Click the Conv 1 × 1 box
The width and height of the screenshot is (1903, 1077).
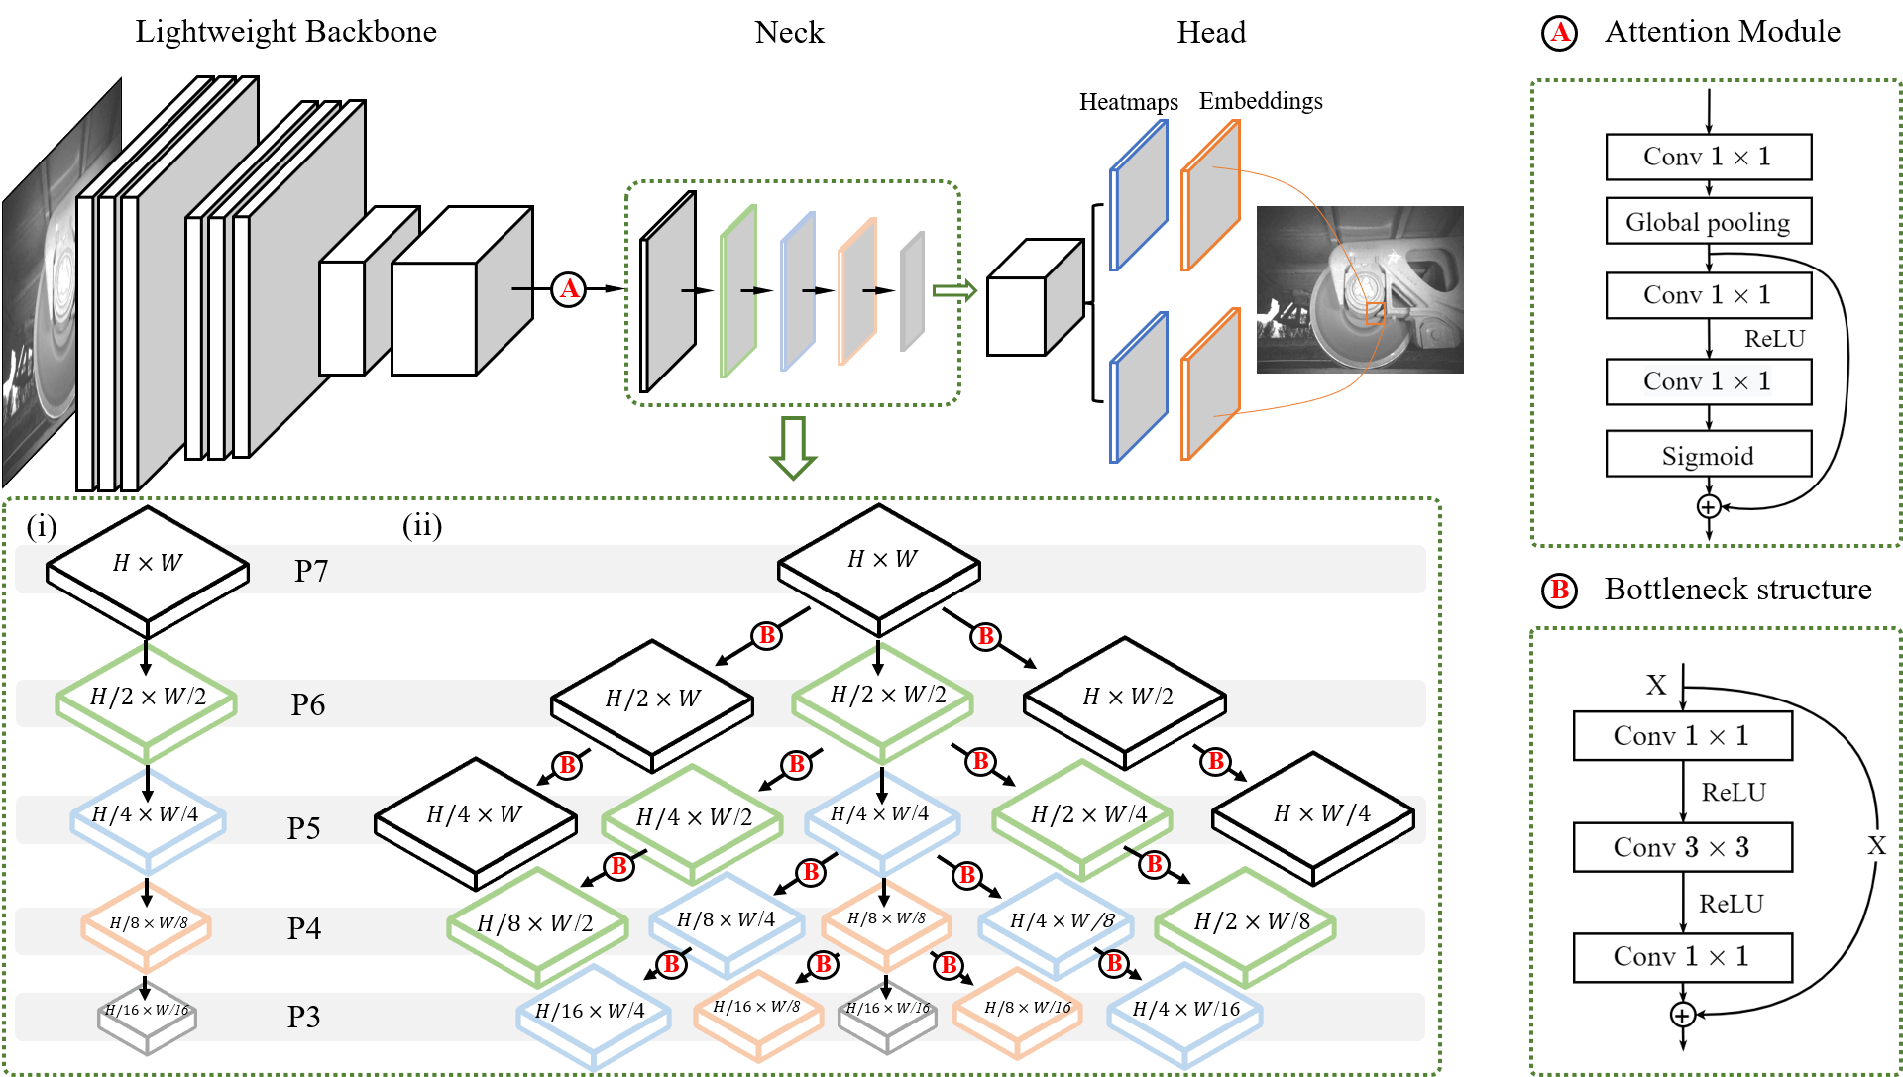click(1708, 381)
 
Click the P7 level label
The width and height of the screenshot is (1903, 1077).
click(310, 571)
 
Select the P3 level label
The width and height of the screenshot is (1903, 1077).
click(303, 1017)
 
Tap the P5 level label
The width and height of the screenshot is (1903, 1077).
click(303, 828)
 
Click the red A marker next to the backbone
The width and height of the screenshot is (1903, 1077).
click(568, 289)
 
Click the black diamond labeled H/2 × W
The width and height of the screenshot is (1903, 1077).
click(652, 699)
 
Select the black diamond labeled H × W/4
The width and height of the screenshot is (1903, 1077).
click(1314, 814)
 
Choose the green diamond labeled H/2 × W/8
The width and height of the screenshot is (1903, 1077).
click(1247, 921)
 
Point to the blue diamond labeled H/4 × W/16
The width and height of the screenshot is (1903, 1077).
click(1185, 1010)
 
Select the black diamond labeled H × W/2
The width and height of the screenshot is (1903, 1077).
click(1126, 697)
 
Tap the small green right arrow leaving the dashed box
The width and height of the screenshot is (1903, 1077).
click(954, 290)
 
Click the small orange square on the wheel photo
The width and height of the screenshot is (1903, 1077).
click(1375, 314)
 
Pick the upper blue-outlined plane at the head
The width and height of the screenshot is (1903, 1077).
click(1139, 195)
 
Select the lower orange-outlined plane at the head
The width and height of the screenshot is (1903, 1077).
click(1210, 384)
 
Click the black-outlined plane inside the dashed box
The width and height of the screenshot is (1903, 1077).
click(667, 292)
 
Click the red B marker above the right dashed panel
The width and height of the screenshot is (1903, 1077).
click(1559, 591)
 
